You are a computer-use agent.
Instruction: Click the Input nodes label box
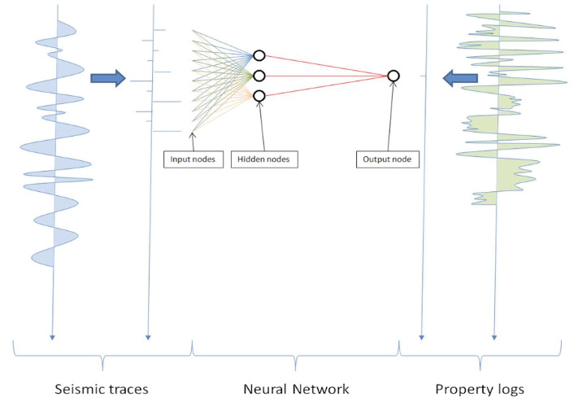193,159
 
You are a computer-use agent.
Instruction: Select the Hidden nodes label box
264,159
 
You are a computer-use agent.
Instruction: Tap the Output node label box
387,159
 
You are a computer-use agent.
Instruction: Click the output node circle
393,76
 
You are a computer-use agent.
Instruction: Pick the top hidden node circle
259,55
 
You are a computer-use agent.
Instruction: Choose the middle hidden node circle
259,76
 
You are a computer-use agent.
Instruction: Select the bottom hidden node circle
259,96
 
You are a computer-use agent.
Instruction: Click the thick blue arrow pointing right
108,78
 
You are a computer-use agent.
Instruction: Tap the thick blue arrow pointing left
458,78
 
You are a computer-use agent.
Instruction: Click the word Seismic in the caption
78,389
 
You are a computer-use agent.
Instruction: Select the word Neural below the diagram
265,389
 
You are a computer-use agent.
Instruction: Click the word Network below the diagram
322,389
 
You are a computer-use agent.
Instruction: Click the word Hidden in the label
250,159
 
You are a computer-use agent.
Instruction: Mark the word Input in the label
180,159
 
